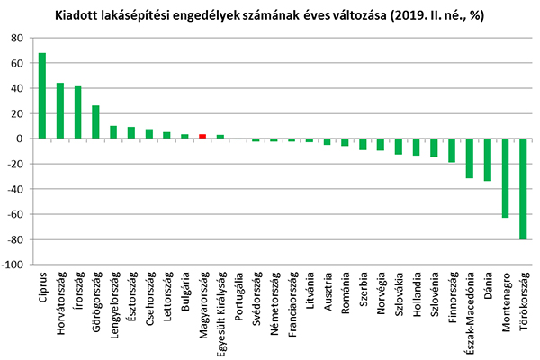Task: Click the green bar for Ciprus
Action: coord(42,95)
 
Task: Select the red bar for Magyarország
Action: coord(202,136)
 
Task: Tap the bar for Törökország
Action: coord(522,189)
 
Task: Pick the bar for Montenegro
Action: coord(505,178)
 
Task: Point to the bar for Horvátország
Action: coord(60,111)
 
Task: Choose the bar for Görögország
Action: coord(95,122)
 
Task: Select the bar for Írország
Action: coord(78,112)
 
